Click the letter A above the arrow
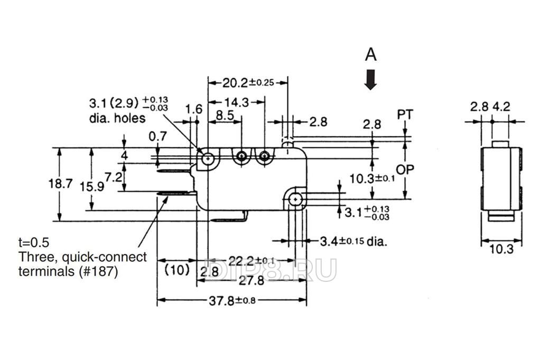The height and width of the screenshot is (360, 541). point(370,54)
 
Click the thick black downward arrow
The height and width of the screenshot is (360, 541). point(370,79)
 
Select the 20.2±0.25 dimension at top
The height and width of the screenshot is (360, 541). point(248,82)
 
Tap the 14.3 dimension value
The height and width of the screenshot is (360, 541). point(236,102)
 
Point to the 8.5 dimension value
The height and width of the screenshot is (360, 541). point(225,115)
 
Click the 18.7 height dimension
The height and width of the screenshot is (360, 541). point(60,184)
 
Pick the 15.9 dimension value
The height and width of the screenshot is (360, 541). point(92,186)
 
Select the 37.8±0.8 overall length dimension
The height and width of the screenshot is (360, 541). point(232,301)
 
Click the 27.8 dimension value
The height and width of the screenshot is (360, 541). point(251,281)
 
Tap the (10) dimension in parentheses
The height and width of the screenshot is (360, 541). point(176,270)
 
